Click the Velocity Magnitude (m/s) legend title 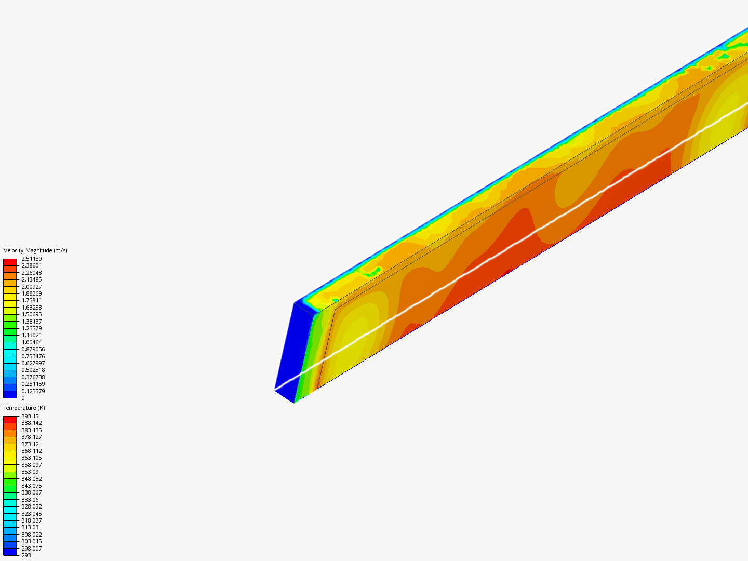[x=35, y=250]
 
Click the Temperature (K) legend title [x=24, y=408]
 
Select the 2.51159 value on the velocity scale [x=32, y=259]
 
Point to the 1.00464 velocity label [x=32, y=342]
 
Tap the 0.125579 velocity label [x=33, y=391]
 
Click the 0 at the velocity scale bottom [x=23, y=398]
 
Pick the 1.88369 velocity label [x=32, y=293]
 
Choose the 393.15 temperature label [x=30, y=416]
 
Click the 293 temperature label [x=26, y=555]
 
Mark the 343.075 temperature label [x=32, y=486]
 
